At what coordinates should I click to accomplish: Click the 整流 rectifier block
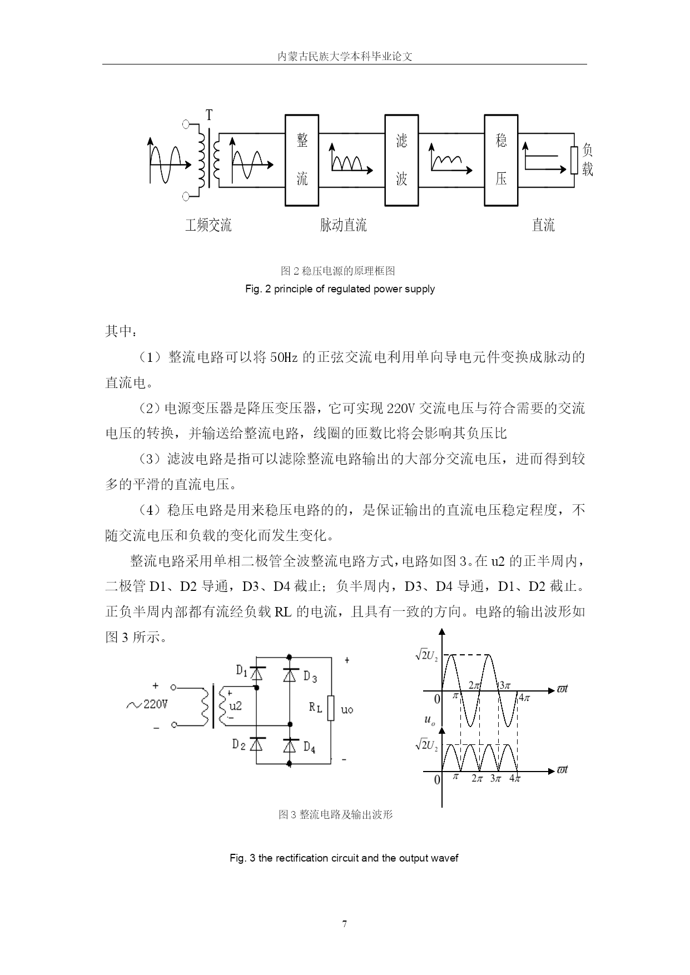point(302,160)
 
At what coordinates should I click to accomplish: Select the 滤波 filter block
point(401,160)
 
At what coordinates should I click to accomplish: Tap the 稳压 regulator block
point(501,160)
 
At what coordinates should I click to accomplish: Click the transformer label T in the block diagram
point(209,116)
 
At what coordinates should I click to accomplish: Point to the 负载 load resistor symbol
point(574,160)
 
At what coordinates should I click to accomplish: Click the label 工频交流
point(209,225)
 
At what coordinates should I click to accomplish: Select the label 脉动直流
point(344,225)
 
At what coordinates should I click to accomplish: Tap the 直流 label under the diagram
point(543,225)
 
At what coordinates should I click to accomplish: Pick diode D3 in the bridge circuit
point(290,674)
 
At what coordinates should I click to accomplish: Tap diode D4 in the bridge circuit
point(290,745)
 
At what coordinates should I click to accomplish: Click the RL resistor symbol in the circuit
point(331,708)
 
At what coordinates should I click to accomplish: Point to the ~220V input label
point(147,705)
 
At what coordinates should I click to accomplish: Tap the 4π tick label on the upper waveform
point(524,698)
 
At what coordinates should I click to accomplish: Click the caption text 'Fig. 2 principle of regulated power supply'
point(340,289)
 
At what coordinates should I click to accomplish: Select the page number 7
point(345,924)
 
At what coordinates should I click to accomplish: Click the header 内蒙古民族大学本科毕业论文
point(345,56)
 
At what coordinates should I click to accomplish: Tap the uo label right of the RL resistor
point(346,710)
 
